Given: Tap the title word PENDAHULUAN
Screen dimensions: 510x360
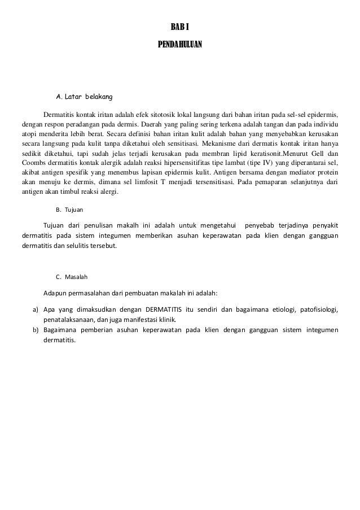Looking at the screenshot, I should point(180,43).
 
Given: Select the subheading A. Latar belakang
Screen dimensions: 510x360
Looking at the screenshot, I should point(84,98).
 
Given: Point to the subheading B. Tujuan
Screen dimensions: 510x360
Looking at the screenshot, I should point(69,210).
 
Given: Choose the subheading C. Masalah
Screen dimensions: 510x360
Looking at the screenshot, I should point(71,277).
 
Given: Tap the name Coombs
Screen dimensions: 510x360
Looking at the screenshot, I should point(33,163).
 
